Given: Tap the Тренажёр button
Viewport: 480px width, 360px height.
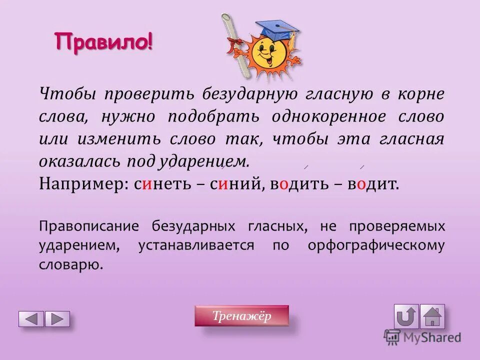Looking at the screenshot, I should tap(241, 316).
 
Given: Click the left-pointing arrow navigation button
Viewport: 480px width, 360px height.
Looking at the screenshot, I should tap(31, 319).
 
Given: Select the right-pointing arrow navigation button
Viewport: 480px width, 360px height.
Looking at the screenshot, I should tap(57, 319).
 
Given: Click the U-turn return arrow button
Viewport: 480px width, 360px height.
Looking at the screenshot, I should tap(406, 316).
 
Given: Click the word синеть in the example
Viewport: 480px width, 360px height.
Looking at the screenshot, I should tap(163, 184).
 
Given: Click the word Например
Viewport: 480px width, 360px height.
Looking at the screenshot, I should tap(82, 184).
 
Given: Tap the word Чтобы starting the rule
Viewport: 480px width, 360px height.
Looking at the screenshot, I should tap(64, 94).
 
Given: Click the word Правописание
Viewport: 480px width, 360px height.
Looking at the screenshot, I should tap(88, 226).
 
